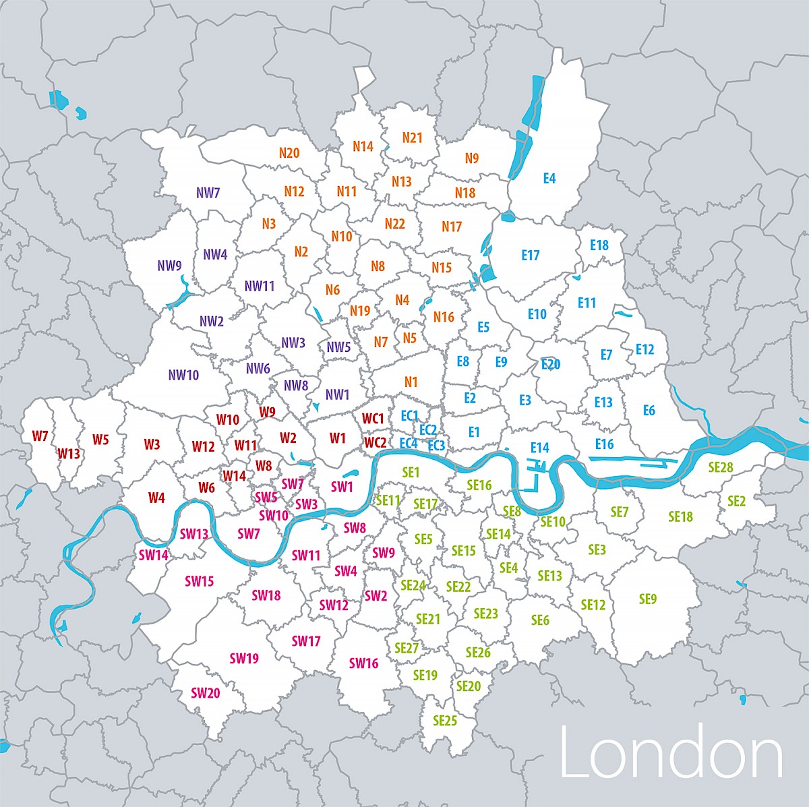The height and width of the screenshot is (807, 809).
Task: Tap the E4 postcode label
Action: [549, 179]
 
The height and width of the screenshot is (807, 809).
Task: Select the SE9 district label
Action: [647, 599]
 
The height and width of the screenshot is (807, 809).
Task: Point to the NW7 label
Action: [208, 193]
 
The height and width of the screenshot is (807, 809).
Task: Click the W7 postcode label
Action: [40, 436]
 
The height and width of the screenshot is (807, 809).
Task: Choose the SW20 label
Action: [205, 693]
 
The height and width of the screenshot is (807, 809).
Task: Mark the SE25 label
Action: [445, 721]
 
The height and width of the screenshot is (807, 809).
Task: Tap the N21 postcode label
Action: [412, 138]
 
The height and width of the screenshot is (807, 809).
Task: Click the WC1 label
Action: [373, 419]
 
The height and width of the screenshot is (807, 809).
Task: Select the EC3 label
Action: [436, 446]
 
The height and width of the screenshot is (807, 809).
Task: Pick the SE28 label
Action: [721, 467]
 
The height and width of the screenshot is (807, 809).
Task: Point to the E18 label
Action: [599, 245]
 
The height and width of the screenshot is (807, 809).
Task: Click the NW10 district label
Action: [183, 375]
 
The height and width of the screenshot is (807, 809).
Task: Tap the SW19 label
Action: [244, 658]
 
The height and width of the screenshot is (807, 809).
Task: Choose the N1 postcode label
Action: [411, 382]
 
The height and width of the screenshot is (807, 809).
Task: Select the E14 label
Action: [540, 448]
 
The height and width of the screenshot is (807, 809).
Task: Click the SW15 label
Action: [200, 581]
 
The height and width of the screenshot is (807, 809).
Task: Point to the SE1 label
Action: [411, 473]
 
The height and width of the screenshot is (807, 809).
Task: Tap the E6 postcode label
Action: [649, 411]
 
